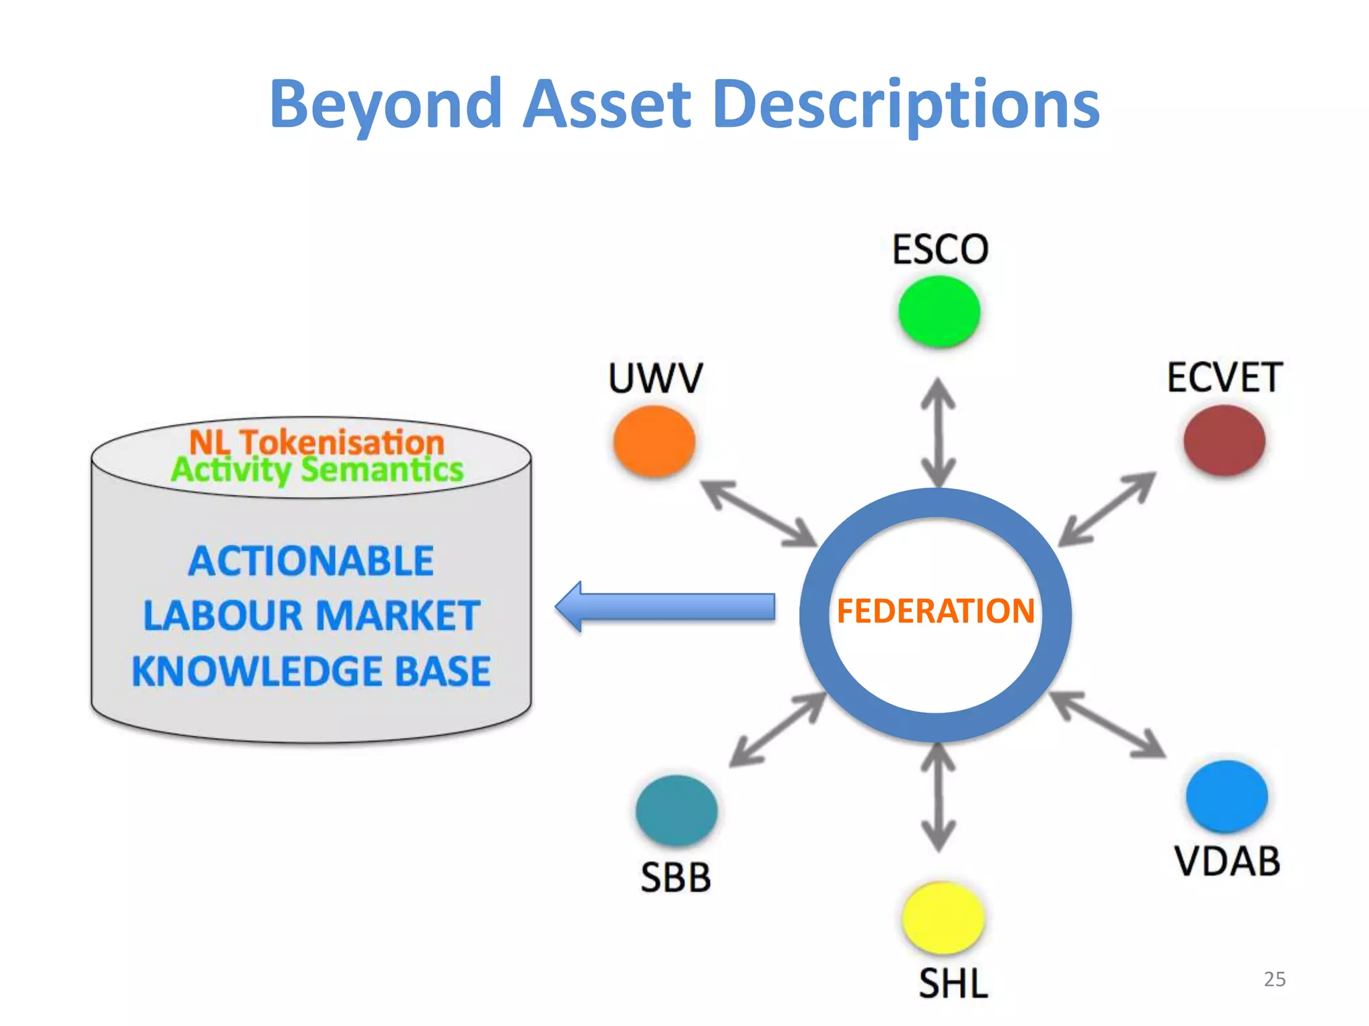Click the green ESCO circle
point(939,311)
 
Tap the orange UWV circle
point(654,441)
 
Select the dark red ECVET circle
point(1224,440)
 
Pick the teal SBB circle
point(676,810)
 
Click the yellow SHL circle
point(943,918)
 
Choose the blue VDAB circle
point(1227,796)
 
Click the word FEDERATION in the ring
point(936,611)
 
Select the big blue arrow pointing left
point(665,607)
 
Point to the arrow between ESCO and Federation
point(939,433)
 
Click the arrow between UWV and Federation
point(759,512)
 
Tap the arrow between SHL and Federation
point(939,797)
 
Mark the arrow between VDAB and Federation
point(1108,725)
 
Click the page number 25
point(1274,979)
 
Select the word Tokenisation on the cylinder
point(342,442)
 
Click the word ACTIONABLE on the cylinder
point(312,560)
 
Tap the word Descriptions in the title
point(906,104)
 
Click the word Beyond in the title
point(386,104)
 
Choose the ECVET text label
point(1225,377)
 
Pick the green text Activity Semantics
point(317,469)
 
